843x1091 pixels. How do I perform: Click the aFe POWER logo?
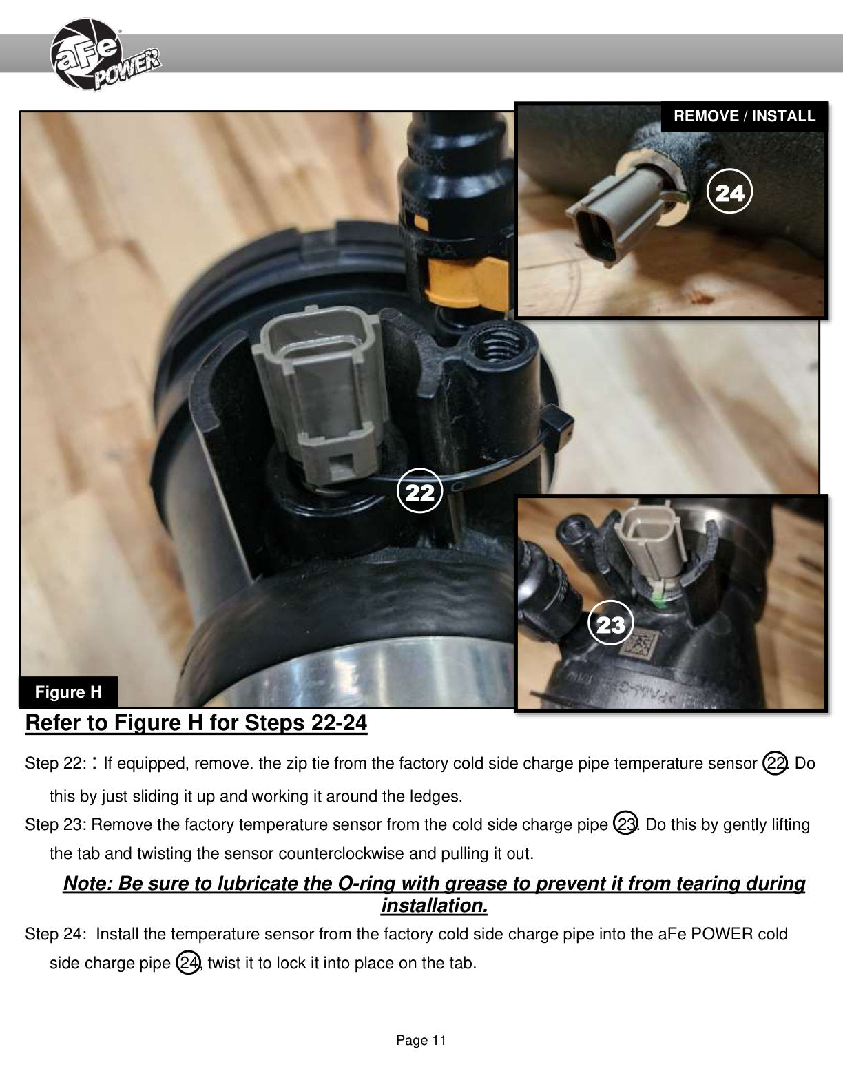[105, 54]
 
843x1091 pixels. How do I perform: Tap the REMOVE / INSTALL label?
[744, 116]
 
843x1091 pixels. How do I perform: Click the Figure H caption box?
[68, 692]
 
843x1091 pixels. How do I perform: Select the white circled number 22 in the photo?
[419, 491]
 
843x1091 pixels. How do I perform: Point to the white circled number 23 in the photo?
[610, 623]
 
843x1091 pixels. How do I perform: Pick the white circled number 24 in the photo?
[729, 191]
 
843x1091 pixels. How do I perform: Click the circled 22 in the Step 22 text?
[776, 763]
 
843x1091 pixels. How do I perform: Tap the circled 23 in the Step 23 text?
[625, 824]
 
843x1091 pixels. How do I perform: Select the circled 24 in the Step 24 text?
[188, 962]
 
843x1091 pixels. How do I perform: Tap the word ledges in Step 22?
[436, 796]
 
